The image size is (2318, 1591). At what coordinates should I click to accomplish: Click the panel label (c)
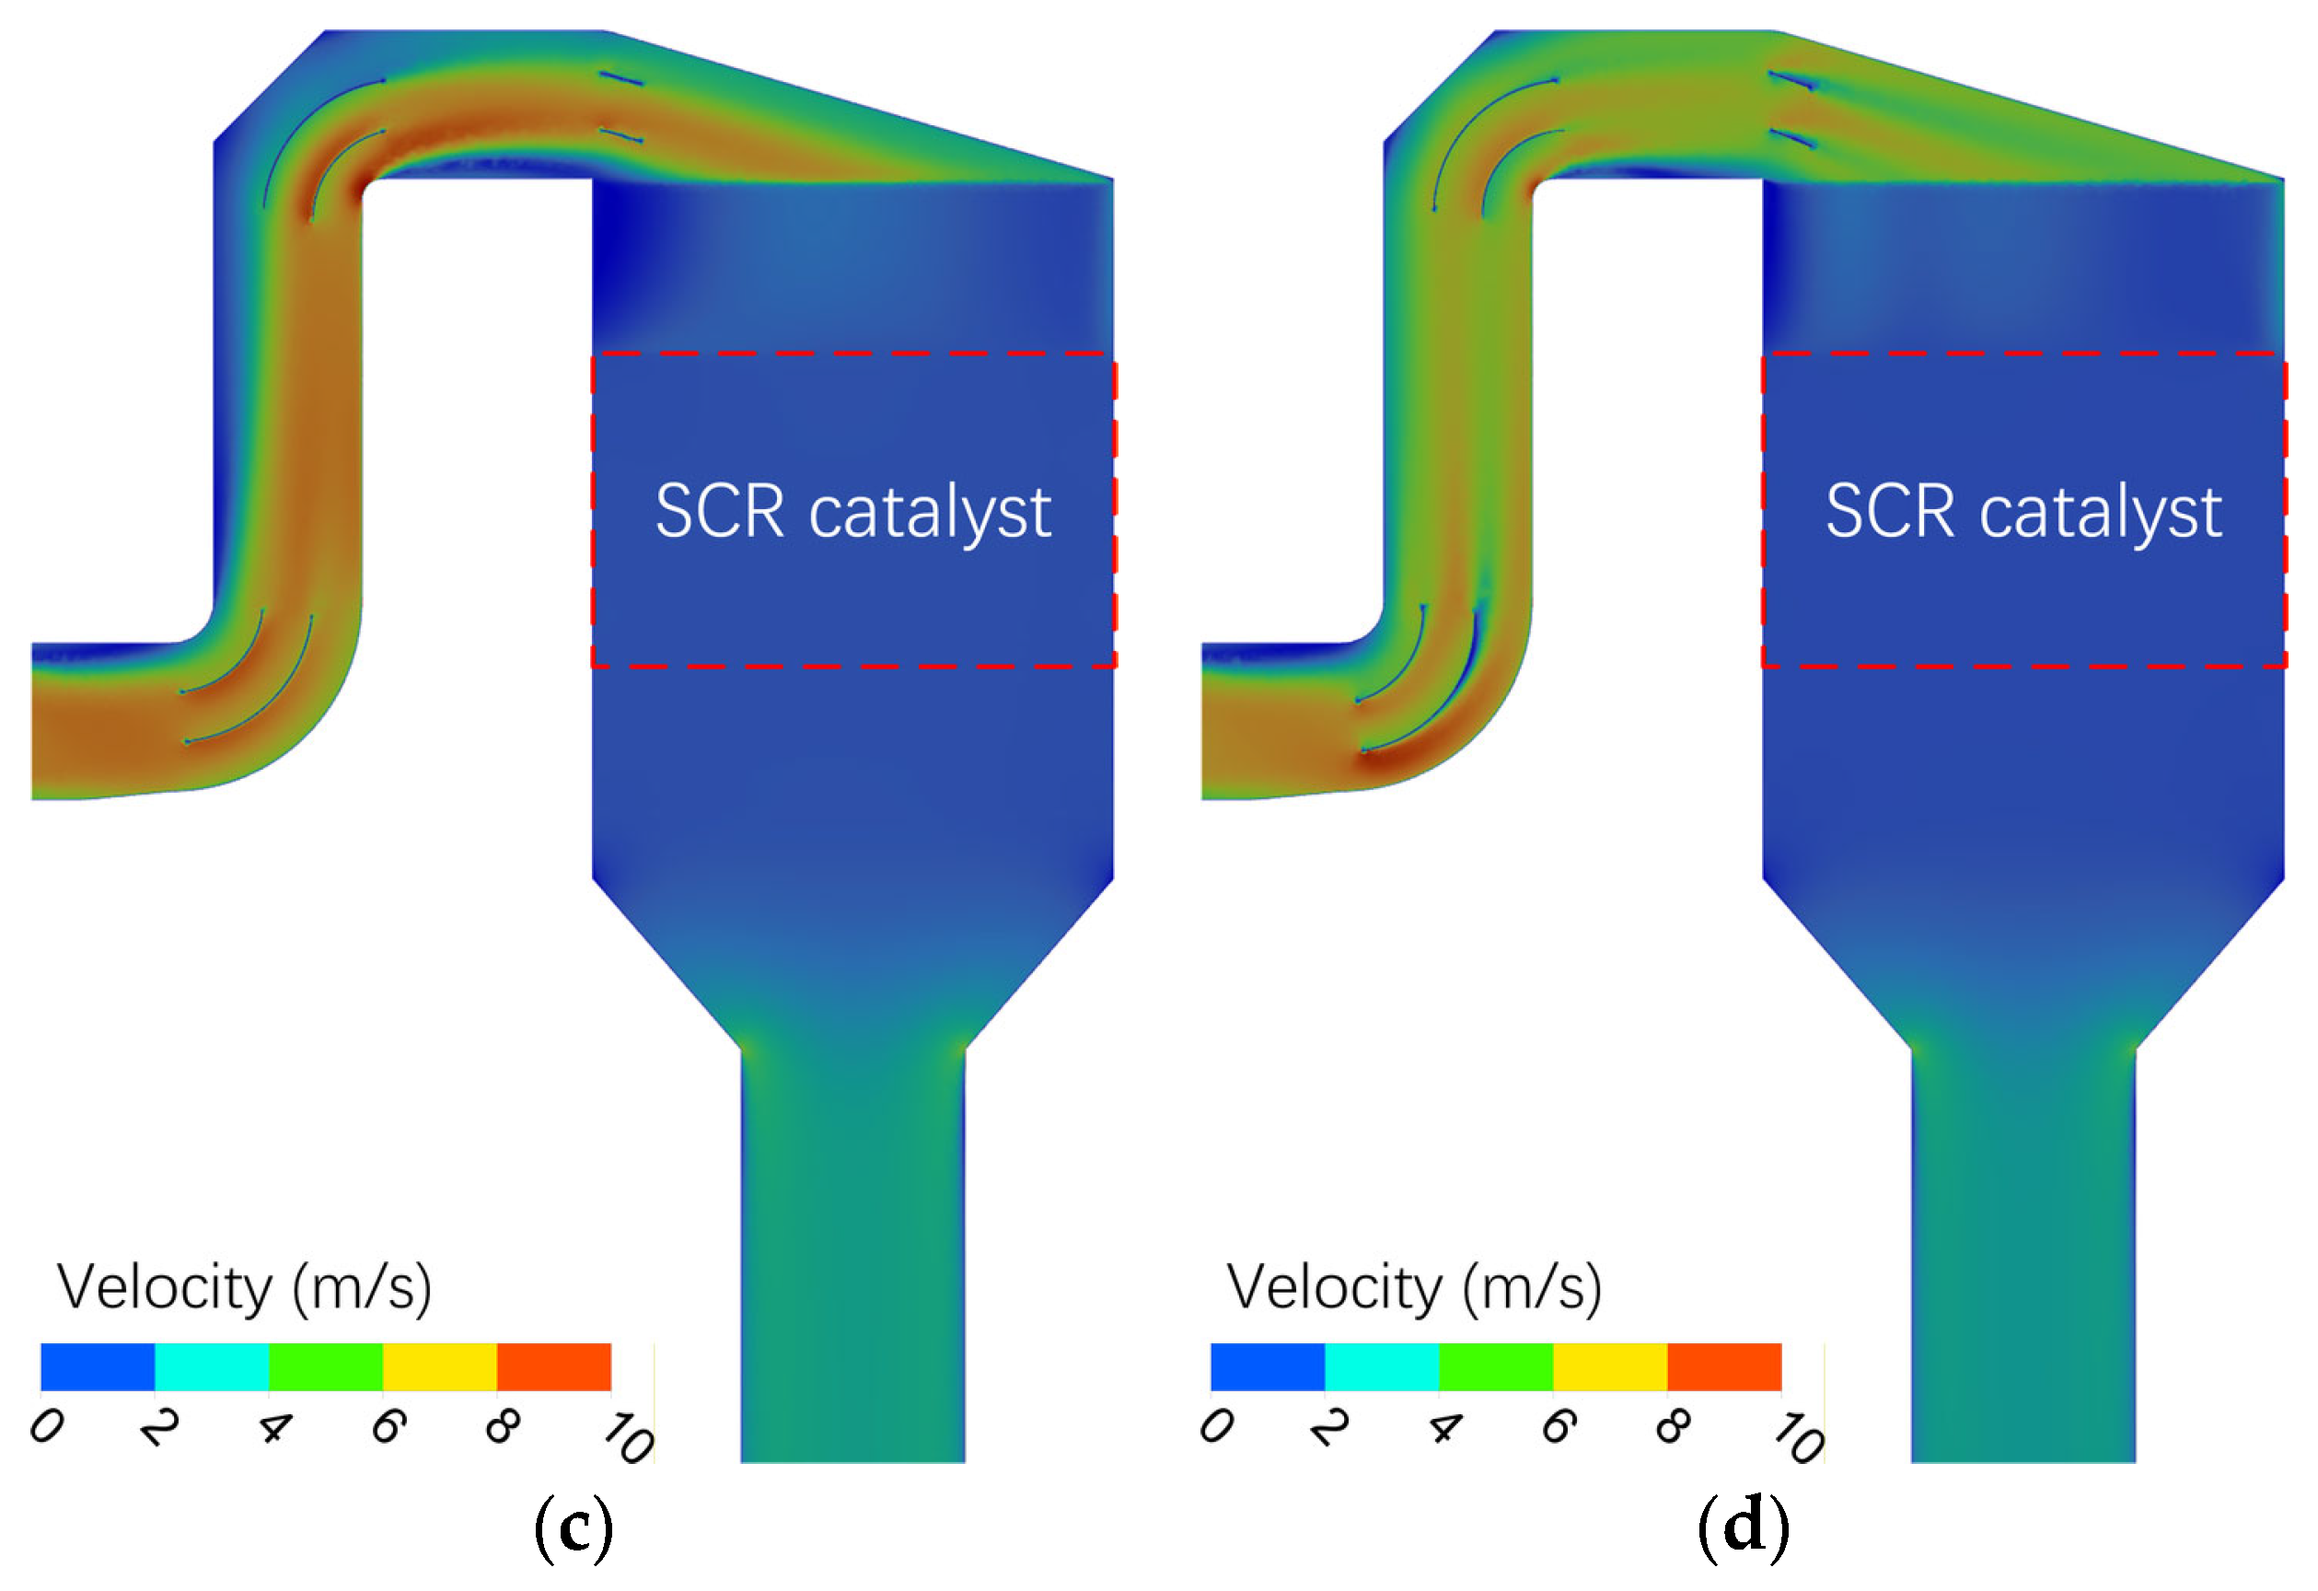coord(574,1527)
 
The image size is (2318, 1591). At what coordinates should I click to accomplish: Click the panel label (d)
coord(1744,1527)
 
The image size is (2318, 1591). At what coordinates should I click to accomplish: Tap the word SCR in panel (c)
coord(719,512)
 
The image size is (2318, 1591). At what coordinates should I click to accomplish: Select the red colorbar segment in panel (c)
coord(553,1366)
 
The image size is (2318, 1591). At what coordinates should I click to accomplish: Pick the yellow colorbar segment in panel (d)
coord(1610,1366)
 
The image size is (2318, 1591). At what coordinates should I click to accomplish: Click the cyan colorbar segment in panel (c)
coord(212,1366)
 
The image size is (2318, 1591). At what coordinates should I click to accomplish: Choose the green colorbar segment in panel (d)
coord(1495,1366)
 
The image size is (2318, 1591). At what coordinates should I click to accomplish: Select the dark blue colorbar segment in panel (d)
coord(1268,1366)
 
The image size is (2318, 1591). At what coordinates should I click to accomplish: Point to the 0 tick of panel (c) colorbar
coord(46,1427)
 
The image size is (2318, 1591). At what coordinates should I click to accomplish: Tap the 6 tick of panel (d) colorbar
coord(1559,1427)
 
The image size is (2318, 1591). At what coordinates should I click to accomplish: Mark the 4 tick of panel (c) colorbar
coord(274,1427)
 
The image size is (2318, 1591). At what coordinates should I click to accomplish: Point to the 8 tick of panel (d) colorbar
coord(1673,1427)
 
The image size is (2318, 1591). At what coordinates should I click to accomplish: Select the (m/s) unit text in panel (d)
coord(1532,1288)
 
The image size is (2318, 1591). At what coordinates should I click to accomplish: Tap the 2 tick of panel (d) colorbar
coord(1330,1427)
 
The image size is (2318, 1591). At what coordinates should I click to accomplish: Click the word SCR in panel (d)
coord(1889,512)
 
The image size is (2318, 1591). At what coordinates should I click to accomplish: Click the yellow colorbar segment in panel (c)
coord(440,1366)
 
